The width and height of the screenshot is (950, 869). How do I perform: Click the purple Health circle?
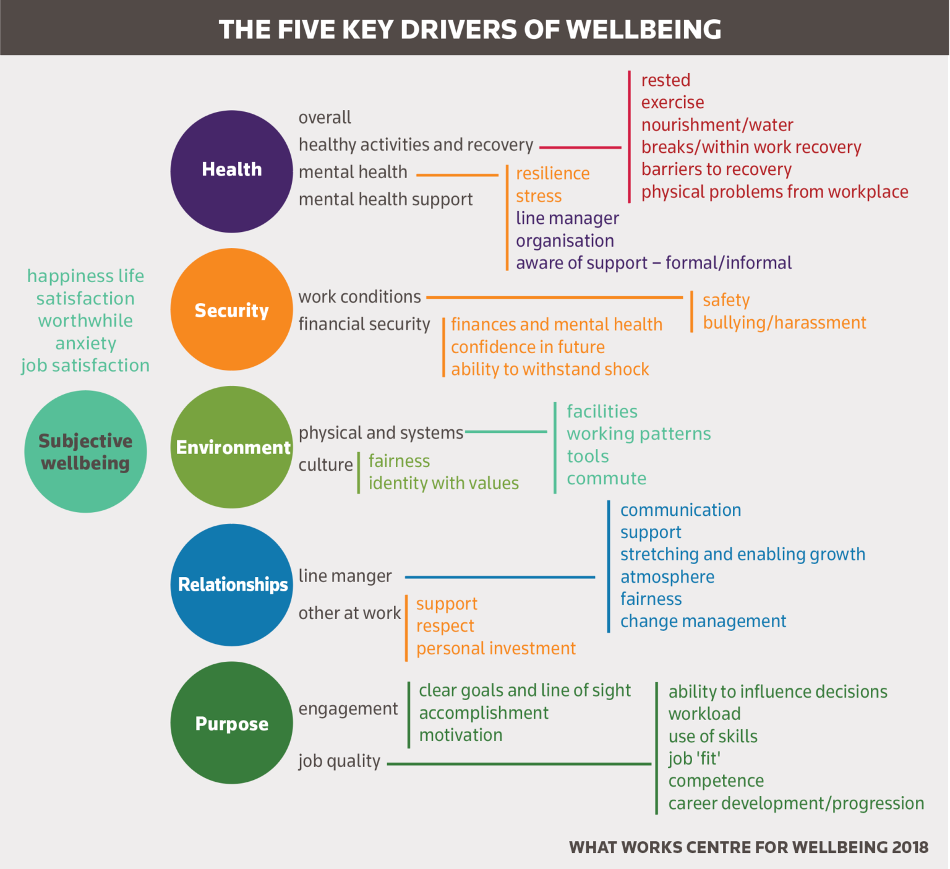[231, 171]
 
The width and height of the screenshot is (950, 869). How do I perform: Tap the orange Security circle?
[231, 309]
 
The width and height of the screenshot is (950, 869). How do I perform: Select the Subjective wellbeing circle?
[85, 452]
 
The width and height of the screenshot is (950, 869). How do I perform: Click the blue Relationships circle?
[231, 584]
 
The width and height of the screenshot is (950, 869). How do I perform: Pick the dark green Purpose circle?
[231, 722]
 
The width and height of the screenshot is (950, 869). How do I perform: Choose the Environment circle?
[231, 447]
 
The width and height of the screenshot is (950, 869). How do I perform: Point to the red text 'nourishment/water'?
[717, 125]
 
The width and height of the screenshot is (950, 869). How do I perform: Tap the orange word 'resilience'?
[552, 174]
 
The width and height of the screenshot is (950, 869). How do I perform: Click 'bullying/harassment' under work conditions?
[784, 323]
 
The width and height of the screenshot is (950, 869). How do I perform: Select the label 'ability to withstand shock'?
[550, 369]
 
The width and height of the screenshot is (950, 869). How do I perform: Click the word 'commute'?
[606, 479]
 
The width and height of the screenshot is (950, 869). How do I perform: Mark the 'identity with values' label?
[443, 483]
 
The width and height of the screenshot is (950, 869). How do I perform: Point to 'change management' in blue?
[703, 621]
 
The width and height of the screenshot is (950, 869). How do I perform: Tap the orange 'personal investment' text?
[495, 648]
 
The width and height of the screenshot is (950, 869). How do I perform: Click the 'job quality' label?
[339, 761]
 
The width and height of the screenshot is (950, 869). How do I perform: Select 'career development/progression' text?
[796, 803]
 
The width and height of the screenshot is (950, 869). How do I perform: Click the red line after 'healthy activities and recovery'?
[580, 148]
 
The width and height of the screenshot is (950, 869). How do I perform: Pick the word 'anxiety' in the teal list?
[85, 343]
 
